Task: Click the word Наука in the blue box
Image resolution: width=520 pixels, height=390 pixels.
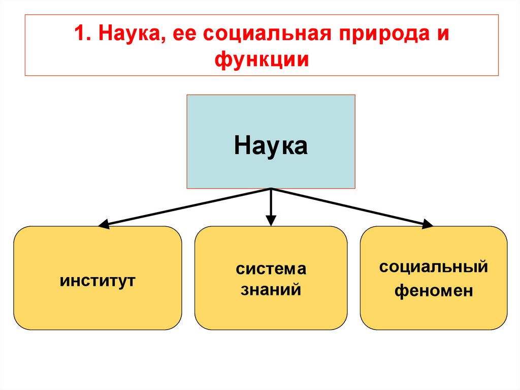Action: (x=271, y=146)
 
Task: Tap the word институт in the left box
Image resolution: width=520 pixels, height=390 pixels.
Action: (x=97, y=280)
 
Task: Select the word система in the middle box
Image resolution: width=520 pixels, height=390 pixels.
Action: (x=271, y=269)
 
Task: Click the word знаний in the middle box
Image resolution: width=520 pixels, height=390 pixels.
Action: (x=271, y=290)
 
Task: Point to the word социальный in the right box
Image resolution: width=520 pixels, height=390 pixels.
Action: (x=434, y=266)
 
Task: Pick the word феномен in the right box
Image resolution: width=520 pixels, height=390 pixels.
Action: (x=434, y=291)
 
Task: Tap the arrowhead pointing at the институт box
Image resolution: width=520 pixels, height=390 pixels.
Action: (x=103, y=224)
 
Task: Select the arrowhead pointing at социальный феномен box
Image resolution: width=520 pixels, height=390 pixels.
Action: (x=429, y=223)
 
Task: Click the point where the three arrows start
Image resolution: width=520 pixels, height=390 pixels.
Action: (x=271, y=189)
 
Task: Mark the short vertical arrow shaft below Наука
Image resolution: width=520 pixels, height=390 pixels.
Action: (x=271, y=203)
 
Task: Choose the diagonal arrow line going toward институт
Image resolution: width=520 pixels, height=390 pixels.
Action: (x=188, y=206)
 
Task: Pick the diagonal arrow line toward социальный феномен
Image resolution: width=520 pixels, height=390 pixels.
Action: (x=350, y=206)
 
